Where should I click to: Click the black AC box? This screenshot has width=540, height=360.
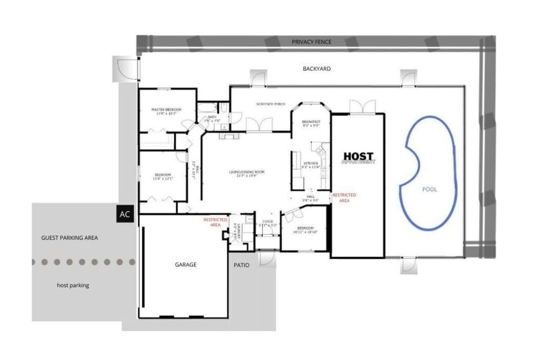(x=125, y=214)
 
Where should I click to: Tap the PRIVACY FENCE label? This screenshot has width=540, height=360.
(x=311, y=42)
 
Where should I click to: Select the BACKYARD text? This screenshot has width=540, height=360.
(x=317, y=69)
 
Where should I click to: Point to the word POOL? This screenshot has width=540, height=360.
(x=429, y=190)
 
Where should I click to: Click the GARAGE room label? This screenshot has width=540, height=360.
(x=186, y=264)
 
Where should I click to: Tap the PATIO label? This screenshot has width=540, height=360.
(x=242, y=264)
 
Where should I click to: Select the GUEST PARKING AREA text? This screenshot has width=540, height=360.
(x=70, y=238)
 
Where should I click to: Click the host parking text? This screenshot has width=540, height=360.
(x=73, y=285)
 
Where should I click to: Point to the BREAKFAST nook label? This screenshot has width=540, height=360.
(x=310, y=123)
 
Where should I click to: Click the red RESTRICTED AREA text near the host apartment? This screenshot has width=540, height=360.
(x=344, y=197)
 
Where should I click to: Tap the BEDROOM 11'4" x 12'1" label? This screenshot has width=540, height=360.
(x=163, y=177)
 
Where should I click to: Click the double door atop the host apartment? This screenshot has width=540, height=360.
(x=362, y=106)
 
